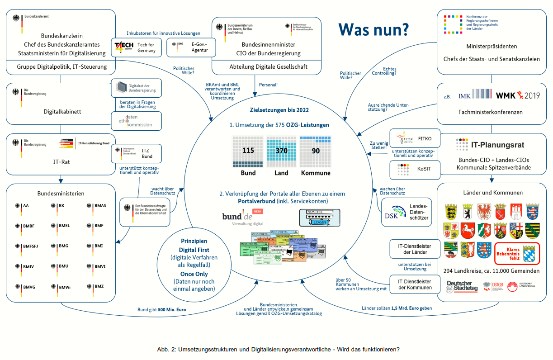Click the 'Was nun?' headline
(x=373, y=29)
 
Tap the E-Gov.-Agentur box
(x=191, y=47)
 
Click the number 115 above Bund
(x=248, y=151)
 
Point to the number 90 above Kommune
(x=315, y=151)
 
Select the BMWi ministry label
(x=64, y=287)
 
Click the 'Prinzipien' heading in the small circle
(x=194, y=241)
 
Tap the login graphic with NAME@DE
(x=320, y=217)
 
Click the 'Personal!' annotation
(x=269, y=85)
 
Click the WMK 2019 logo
(x=518, y=95)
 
